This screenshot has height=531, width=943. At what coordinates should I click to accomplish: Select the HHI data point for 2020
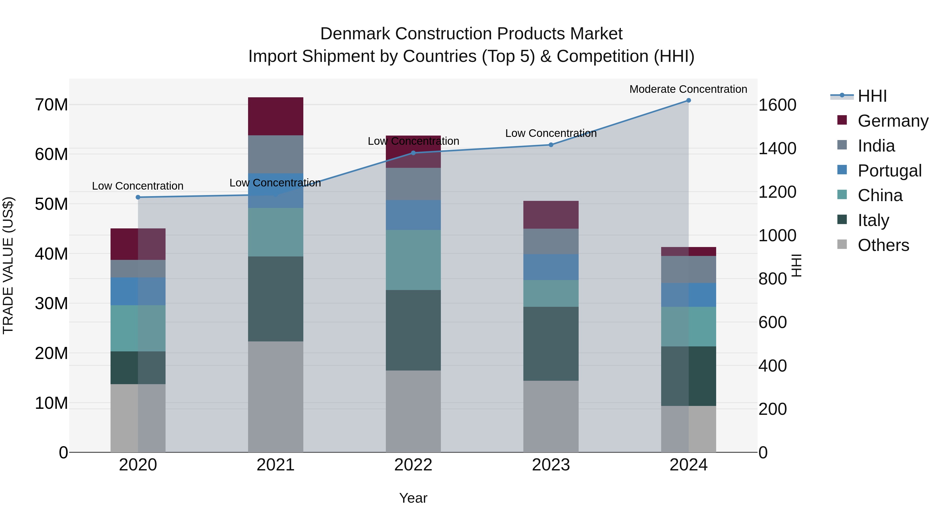(138, 197)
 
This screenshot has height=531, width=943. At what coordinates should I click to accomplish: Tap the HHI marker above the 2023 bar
(551, 145)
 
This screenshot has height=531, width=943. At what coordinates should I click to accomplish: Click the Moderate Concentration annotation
(688, 89)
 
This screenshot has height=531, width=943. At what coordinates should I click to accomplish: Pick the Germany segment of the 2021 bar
(275, 116)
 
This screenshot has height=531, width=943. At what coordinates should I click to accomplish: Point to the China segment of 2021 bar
(275, 232)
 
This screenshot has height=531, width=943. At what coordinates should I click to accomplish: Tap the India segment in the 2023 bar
(551, 241)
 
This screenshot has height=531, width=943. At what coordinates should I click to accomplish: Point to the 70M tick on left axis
(51, 105)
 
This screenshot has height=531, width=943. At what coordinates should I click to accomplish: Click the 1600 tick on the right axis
(777, 105)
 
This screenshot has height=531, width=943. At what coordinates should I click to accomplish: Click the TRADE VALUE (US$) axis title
(8, 265)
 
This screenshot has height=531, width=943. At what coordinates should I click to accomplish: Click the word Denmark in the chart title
(355, 34)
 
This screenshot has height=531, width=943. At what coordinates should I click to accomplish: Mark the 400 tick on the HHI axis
(772, 366)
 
